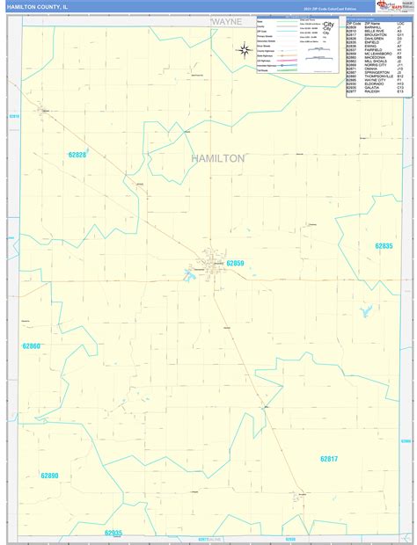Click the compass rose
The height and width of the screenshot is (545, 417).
click(245, 49)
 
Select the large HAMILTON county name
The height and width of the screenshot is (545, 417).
click(217, 158)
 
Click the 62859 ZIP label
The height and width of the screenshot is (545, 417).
click(236, 263)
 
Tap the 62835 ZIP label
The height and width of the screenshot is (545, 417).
click(383, 246)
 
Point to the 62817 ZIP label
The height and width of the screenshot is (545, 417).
click(329, 459)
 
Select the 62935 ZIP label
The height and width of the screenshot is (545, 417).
click(113, 533)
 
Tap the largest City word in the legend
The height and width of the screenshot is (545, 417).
click(327, 25)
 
